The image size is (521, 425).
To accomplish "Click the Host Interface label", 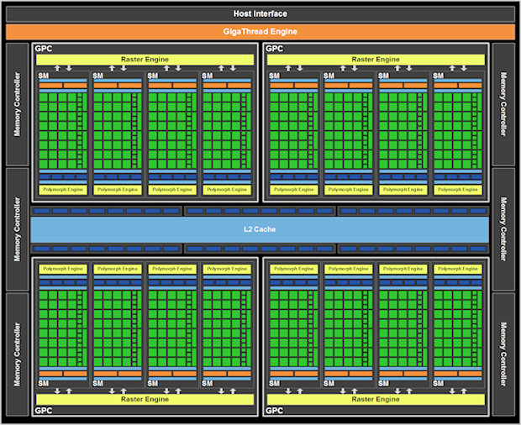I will click(260, 13).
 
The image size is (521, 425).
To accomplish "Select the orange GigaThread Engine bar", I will click(260, 32).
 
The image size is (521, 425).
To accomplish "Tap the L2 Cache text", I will click(260, 229).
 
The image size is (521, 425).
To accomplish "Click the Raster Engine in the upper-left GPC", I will click(145, 60).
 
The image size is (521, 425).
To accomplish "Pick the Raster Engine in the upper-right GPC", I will click(376, 60).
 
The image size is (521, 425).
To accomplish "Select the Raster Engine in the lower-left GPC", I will click(145, 399).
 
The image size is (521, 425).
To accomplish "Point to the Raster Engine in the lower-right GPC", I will click(376, 399).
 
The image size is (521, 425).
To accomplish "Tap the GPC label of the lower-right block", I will click(275, 411).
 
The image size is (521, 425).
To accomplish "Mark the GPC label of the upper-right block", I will click(275, 49).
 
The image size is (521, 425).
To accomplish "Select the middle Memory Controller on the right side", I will click(504, 229).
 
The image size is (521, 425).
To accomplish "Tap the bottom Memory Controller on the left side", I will click(16, 354).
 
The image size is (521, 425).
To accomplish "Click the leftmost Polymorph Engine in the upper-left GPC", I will click(62, 190).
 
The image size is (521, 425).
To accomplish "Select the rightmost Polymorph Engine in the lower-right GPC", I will click(458, 269).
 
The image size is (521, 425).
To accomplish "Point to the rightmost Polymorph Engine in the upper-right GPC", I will click(458, 190).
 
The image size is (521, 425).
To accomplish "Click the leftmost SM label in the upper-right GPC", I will click(275, 76).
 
